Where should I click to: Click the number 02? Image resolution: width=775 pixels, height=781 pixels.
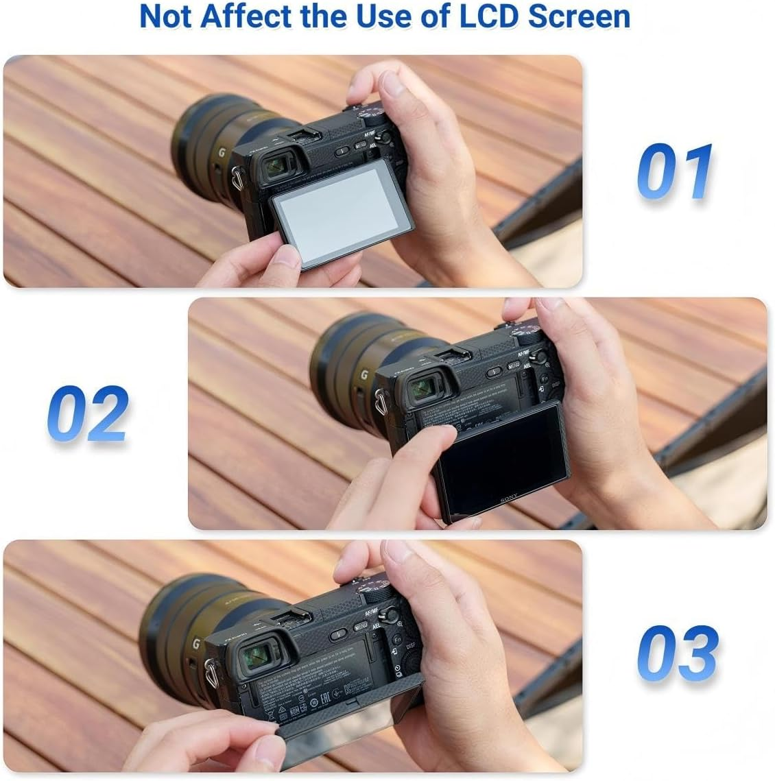point(88,413)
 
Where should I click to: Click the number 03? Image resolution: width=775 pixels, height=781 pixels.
point(677,652)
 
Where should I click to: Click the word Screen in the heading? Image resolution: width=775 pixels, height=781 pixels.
point(581,16)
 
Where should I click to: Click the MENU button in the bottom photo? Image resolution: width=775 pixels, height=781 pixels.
point(361,625)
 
